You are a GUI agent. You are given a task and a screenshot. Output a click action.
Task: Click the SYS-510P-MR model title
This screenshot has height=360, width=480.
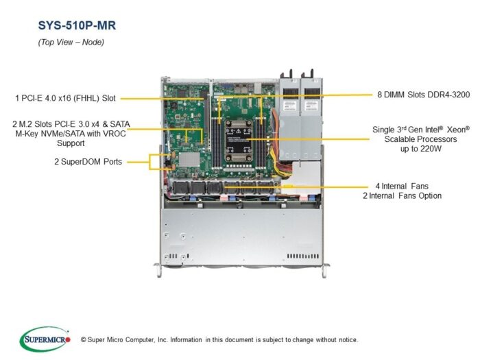[x=77, y=25]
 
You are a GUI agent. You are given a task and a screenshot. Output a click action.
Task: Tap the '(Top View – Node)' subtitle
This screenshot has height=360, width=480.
[x=71, y=42]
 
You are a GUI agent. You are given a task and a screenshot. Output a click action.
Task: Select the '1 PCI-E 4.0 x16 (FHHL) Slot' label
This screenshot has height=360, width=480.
[x=66, y=98]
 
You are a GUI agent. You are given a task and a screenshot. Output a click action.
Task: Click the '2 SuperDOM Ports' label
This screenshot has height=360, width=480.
[x=88, y=162]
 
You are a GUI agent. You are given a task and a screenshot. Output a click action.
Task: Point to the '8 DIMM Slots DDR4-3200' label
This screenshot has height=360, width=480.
[x=423, y=95]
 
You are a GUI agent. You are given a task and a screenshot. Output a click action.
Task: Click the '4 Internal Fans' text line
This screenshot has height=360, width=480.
[x=402, y=186]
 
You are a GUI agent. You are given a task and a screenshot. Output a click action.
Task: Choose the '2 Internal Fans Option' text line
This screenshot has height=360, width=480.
[x=403, y=195]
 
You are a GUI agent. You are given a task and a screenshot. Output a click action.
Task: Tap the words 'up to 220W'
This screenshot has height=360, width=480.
[x=421, y=149]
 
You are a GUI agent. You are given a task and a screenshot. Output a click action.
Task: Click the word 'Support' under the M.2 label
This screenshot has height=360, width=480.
[x=71, y=143]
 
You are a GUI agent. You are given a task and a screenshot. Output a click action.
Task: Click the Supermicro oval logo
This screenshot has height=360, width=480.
[x=45, y=339]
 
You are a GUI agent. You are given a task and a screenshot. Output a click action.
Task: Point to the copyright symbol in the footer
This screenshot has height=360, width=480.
[x=83, y=340]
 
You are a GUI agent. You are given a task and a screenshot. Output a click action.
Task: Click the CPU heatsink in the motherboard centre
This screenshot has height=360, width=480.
[x=238, y=141]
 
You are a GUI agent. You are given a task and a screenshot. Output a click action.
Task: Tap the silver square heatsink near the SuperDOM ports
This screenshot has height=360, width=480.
[x=189, y=160]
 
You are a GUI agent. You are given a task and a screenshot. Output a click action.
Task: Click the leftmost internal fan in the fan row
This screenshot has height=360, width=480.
[x=181, y=188]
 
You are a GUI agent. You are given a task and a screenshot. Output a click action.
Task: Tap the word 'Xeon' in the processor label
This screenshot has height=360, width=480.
[x=458, y=130]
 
